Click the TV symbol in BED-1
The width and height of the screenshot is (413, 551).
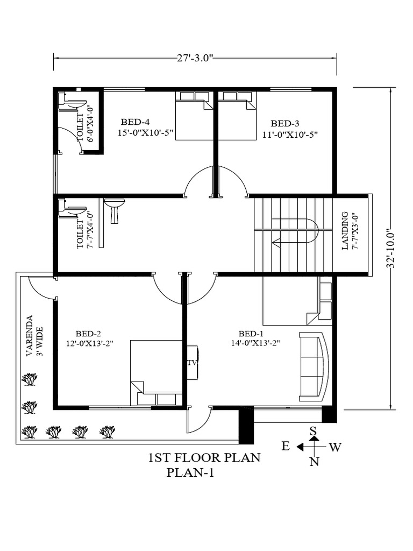click(x=192, y=362)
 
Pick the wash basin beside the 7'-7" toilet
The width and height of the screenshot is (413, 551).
click(x=114, y=209)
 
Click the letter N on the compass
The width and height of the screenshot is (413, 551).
click(x=314, y=461)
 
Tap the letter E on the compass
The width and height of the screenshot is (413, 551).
click(x=286, y=446)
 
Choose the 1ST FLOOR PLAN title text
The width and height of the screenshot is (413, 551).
click(x=204, y=458)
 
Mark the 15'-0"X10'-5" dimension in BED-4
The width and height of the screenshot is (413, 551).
click(x=145, y=133)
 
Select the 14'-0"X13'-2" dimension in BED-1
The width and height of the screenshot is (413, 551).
click(x=255, y=342)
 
